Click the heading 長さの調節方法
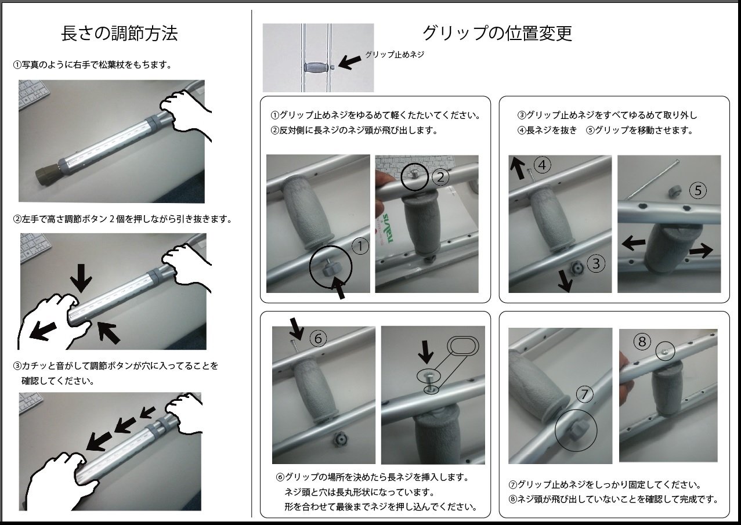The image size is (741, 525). click(x=120, y=34)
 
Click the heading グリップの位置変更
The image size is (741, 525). click(x=497, y=34)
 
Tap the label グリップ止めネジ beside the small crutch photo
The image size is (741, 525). click(x=395, y=55)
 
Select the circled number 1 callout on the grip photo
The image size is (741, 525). click(x=360, y=246)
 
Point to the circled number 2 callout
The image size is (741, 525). click(x=440, y=178)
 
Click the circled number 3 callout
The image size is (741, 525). click(x=596, y=263)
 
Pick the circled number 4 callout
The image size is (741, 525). click(x=542, y=165)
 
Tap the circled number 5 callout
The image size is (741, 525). click(x=698, y=190)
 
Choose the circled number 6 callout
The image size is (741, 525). click(x=318, y=338)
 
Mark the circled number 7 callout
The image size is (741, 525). click(x=584, y=394)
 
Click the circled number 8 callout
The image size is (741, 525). click(x=642, y=342)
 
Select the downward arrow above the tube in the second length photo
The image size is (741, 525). click(x=81, y=278)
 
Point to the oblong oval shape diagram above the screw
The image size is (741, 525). click(x=463, y=346)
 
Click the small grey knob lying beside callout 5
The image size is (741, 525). click(x=674, y=191)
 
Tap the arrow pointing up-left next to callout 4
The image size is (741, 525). click(x=518, y=168)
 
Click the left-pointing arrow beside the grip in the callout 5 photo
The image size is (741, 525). click(x=634, y=242)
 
